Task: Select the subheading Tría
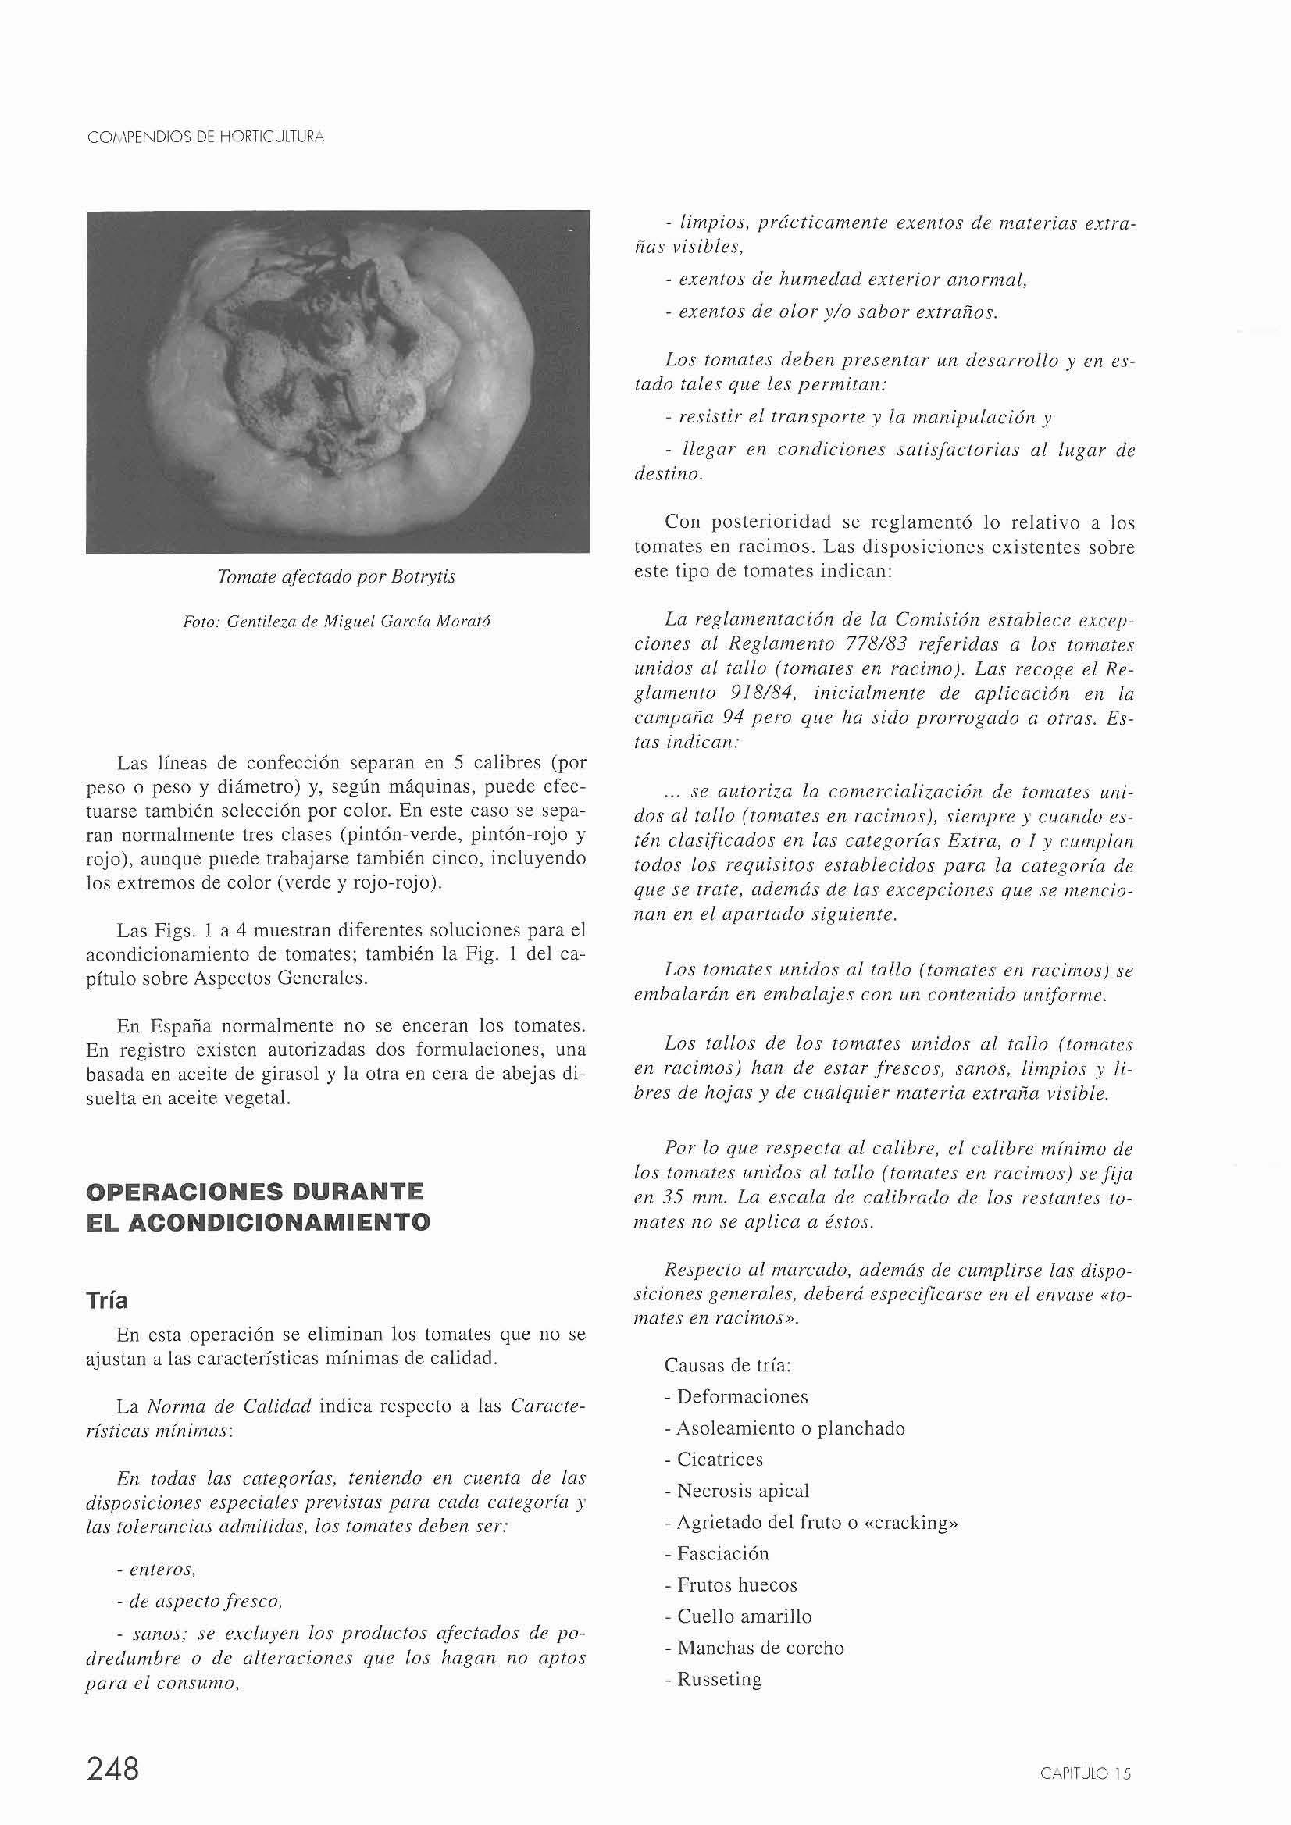[x=106, y=1300]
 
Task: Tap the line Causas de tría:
[x=726, y=1366]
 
